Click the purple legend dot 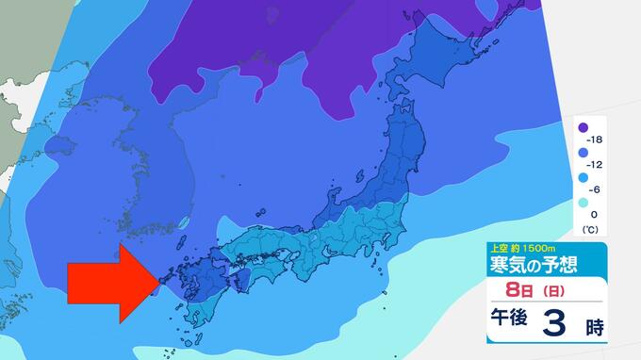(583, 128)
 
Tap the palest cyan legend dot (583, 203)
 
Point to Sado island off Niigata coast (362, 178)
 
